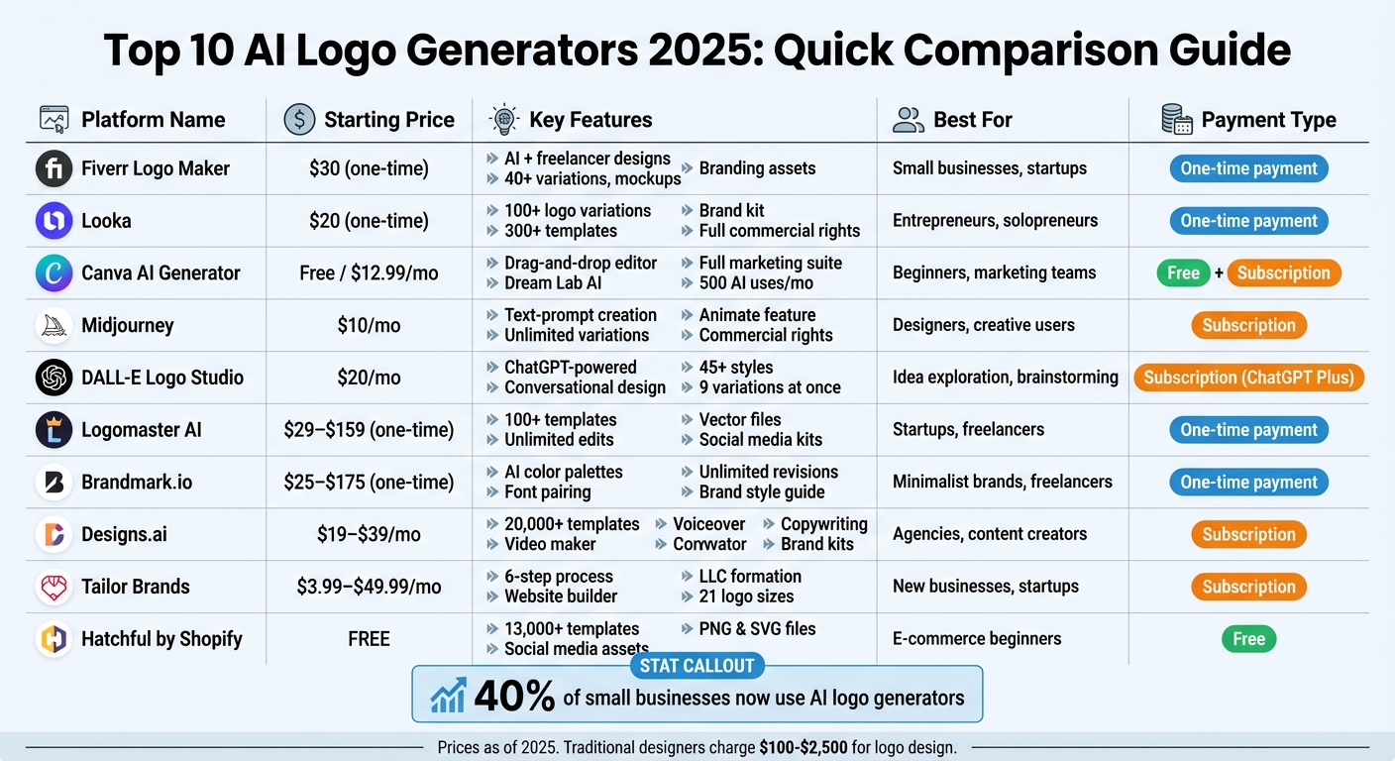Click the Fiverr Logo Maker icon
tap(54, 168)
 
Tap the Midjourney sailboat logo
tap(54, 325)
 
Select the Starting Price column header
tap(388, 120)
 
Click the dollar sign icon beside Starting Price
tap(299, 120)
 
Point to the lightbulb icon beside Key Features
tap(504, 120)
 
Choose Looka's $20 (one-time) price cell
tap(369, 221)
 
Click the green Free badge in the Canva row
tap(1183, 273)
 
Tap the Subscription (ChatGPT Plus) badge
tap(1248, 378)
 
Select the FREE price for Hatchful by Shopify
tap(369, 639)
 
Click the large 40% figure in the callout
tap(514, 698)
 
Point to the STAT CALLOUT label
tap(697, 666)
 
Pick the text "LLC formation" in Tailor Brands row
tap(750, 577)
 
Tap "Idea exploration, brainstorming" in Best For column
tap(1005, 378)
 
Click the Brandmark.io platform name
tap(137, 483)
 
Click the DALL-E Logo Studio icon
tap(54, 378)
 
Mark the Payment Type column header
tap(1268, 120)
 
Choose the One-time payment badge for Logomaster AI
tap(1248, 430)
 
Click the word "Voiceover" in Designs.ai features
tap(708, 524)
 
